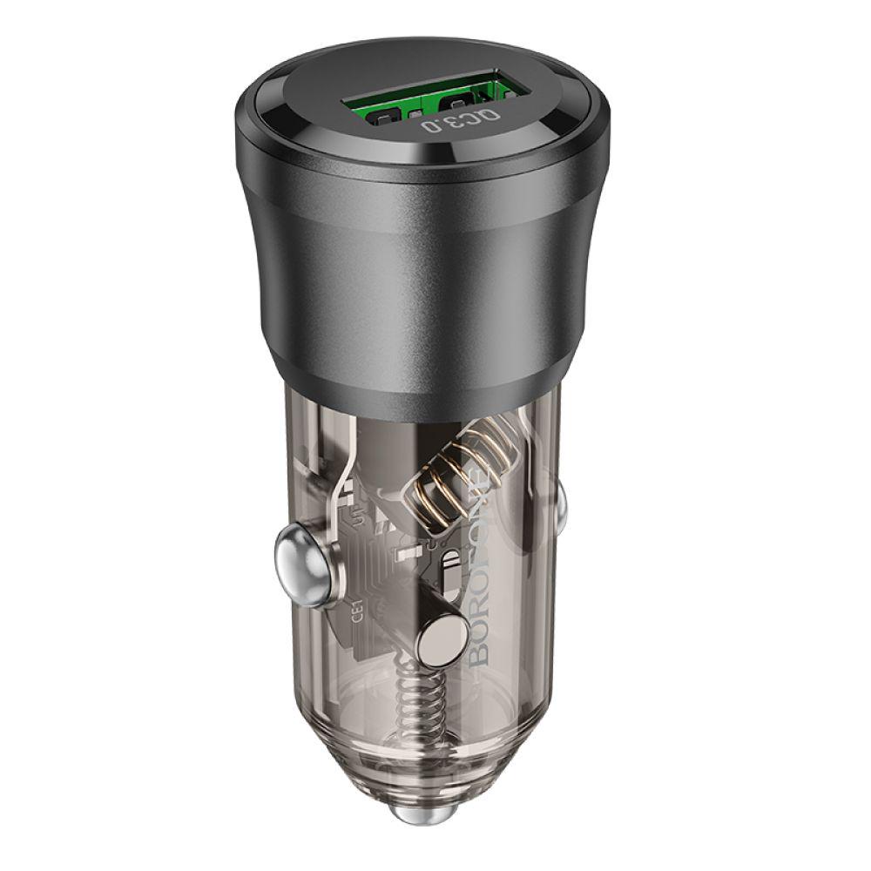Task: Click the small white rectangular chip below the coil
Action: click(406, 552)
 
